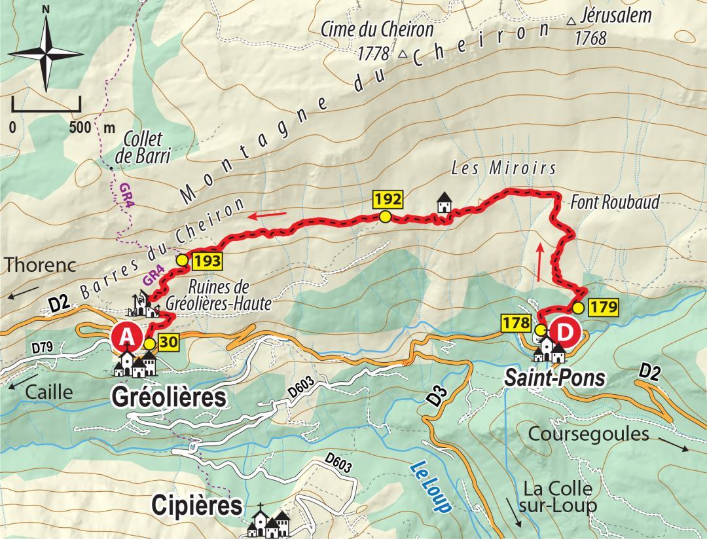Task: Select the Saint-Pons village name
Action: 554,378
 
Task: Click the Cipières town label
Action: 196,505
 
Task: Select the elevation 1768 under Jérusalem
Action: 590,39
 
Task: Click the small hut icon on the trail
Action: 444,204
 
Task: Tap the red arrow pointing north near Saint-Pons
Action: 539,261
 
